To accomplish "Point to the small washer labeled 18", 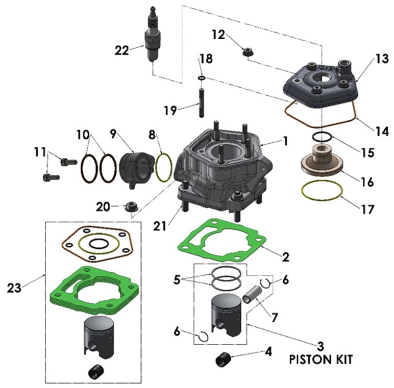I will point(202,77).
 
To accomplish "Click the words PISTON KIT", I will point(321,359).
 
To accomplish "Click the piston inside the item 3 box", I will point(226,313).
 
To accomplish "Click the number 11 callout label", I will point(40,152).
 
